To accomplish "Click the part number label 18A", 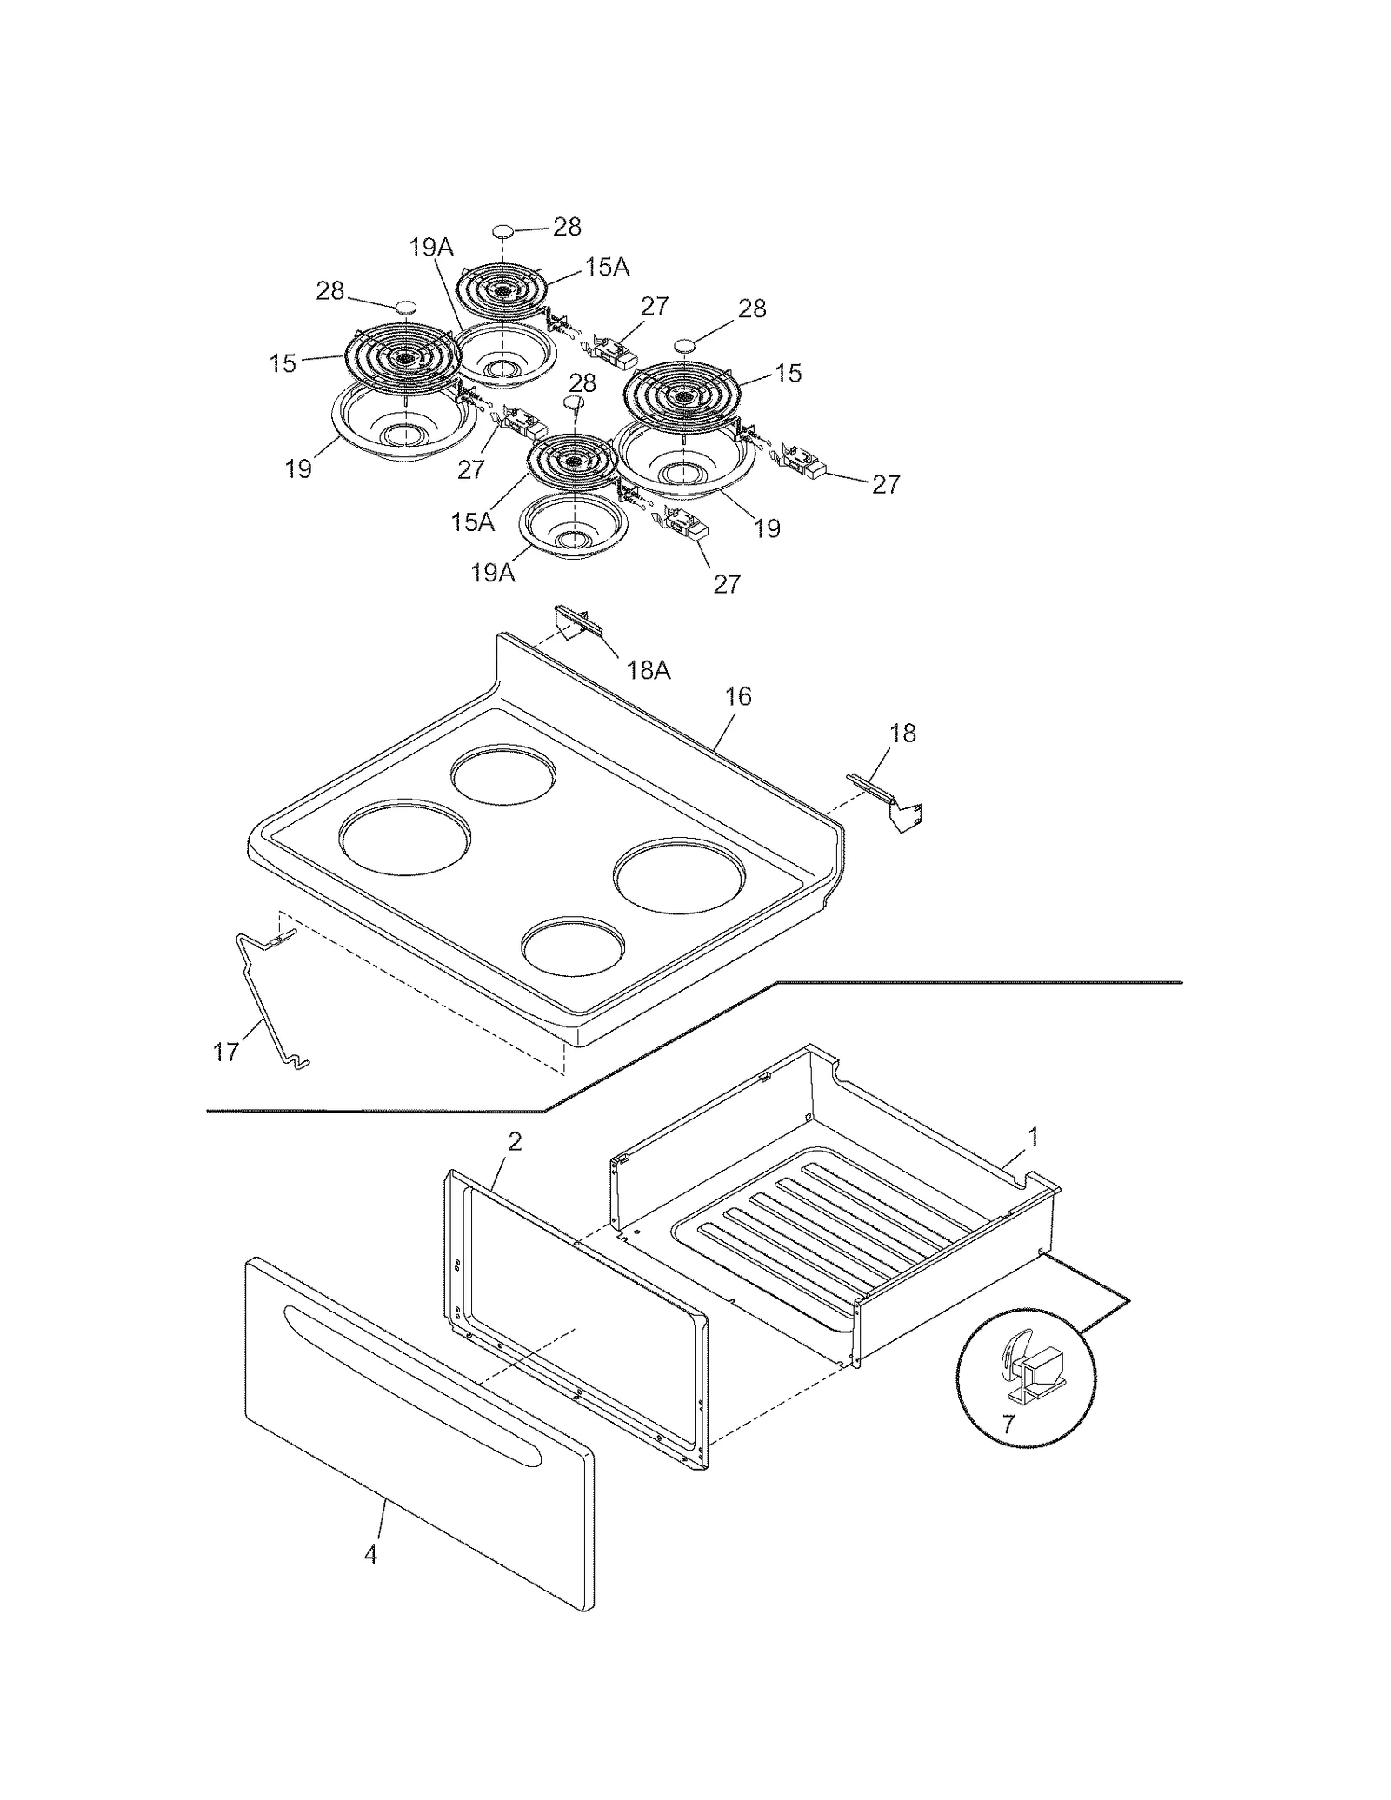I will pos(649,670).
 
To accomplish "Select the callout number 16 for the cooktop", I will pos(738,696).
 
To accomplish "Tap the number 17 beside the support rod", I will pos(226,1053).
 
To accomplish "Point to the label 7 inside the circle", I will pos(1008,1425).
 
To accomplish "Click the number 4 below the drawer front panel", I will pos(371,1556).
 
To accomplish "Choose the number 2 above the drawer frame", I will pos(515,1142).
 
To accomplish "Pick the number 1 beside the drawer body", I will pos(1033,1137).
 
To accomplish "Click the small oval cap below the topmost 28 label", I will pos(503,230).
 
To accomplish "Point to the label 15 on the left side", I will pos(283,364).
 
